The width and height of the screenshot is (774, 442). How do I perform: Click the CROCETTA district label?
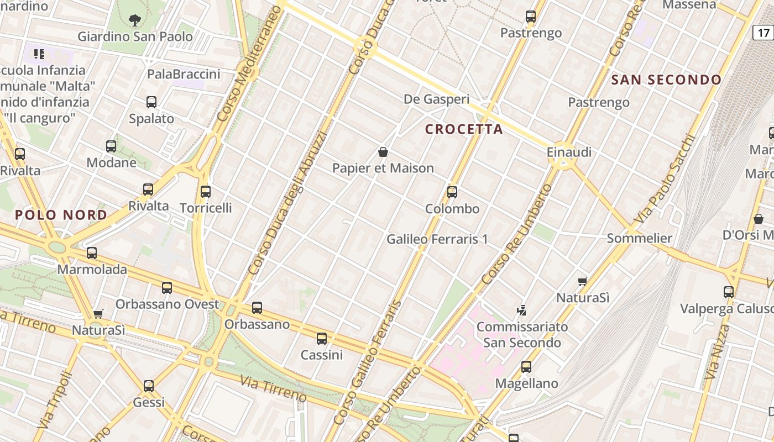tap(464, 129)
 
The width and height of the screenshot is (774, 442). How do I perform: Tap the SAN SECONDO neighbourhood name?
tap(666, 80)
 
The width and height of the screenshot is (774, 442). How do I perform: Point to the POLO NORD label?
tap(61, 215)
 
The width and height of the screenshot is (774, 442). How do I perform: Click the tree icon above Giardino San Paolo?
tap(134, 21)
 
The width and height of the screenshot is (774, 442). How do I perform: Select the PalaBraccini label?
tap(184, 74)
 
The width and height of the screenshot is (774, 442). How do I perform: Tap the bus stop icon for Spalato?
tap(151, 102)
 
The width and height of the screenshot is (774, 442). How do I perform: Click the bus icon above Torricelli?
tap(206, 192)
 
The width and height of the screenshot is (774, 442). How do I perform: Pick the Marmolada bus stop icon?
tap(92, 253)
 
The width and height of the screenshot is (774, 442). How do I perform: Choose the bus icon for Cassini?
tap(322, 339)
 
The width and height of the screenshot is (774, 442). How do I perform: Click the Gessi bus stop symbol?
tap(149, 386)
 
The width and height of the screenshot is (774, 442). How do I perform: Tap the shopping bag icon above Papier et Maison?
tap(383, 152)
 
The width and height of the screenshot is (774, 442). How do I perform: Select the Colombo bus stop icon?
tap(452, 192)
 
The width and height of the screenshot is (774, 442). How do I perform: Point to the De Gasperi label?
tap(437, 99)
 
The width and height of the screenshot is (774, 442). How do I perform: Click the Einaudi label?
tap(569, 152)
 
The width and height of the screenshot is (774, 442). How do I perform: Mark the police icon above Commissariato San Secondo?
tap(521, 310)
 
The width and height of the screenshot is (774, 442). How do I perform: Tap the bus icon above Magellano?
tap(526, 366)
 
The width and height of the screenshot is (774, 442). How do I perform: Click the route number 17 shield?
tap(763, 33)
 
